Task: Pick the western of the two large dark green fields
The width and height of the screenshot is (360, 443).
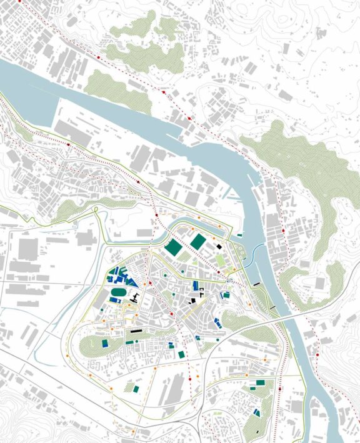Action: click(174, 248)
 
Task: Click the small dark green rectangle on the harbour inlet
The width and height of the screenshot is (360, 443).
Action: click(239, 235)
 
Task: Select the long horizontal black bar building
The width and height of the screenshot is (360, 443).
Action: click(136, 330)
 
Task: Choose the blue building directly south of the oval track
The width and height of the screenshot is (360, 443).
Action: click(114, 300)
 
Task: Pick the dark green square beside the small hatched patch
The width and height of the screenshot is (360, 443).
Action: click(136, 389)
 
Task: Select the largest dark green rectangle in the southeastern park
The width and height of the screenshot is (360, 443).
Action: click(260, 382)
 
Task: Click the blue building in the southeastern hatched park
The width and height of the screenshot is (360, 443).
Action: click(256, 413)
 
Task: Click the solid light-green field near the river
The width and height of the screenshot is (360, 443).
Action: click(220, 259)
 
